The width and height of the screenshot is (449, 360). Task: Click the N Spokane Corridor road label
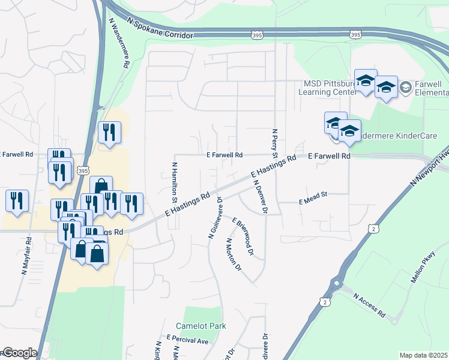[x=160, y=28]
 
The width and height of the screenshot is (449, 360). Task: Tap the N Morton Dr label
[x=233, y=254]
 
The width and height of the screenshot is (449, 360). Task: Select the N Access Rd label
[x=369, y=305]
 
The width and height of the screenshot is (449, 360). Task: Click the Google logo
[x=20, y=353]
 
